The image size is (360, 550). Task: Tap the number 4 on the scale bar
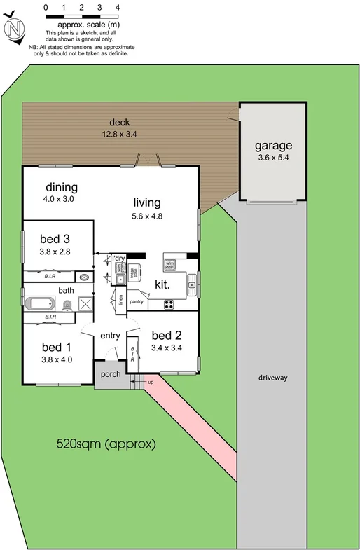(117, 6)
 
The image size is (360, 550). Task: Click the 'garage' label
(272, 146)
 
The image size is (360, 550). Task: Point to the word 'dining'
(62, 187)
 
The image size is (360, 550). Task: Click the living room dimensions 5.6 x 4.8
(147, 216)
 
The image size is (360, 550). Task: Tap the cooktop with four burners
(169, 303)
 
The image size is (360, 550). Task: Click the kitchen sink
(192, 284)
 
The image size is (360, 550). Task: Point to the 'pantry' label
(136, 302)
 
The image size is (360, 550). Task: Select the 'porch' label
(111, 374)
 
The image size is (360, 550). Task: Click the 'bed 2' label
(167, 334)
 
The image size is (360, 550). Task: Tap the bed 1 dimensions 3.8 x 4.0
(57, 359)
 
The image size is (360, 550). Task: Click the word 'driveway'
(272, 378)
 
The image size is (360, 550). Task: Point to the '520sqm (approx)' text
(105, 444)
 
